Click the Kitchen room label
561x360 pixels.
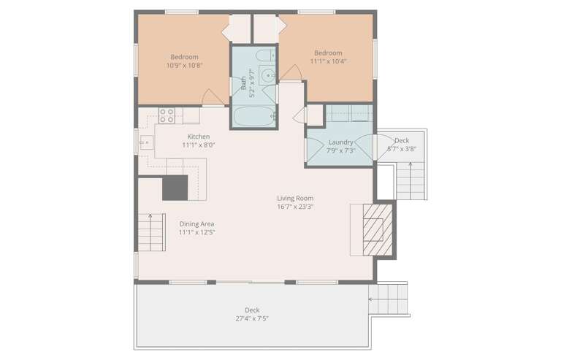199,137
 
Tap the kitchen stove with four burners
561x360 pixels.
167,115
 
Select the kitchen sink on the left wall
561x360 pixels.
146,142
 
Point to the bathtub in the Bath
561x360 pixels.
254,117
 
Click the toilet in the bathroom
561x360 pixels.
266,56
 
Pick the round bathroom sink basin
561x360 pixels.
267,75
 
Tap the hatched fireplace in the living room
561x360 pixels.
378,229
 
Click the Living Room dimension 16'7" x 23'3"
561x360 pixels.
295,207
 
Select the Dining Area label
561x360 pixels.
196,223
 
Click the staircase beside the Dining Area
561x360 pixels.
152,232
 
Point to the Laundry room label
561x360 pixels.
340,142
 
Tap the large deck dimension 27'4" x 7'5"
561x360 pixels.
252,318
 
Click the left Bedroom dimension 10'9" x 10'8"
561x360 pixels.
184,66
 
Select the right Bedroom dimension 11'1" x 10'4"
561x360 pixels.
328,61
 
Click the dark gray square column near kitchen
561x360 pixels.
175,188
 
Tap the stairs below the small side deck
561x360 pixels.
411,181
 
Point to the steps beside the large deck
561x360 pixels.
388,299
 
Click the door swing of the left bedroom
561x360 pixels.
213,97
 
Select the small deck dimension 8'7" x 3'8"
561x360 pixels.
402,149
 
